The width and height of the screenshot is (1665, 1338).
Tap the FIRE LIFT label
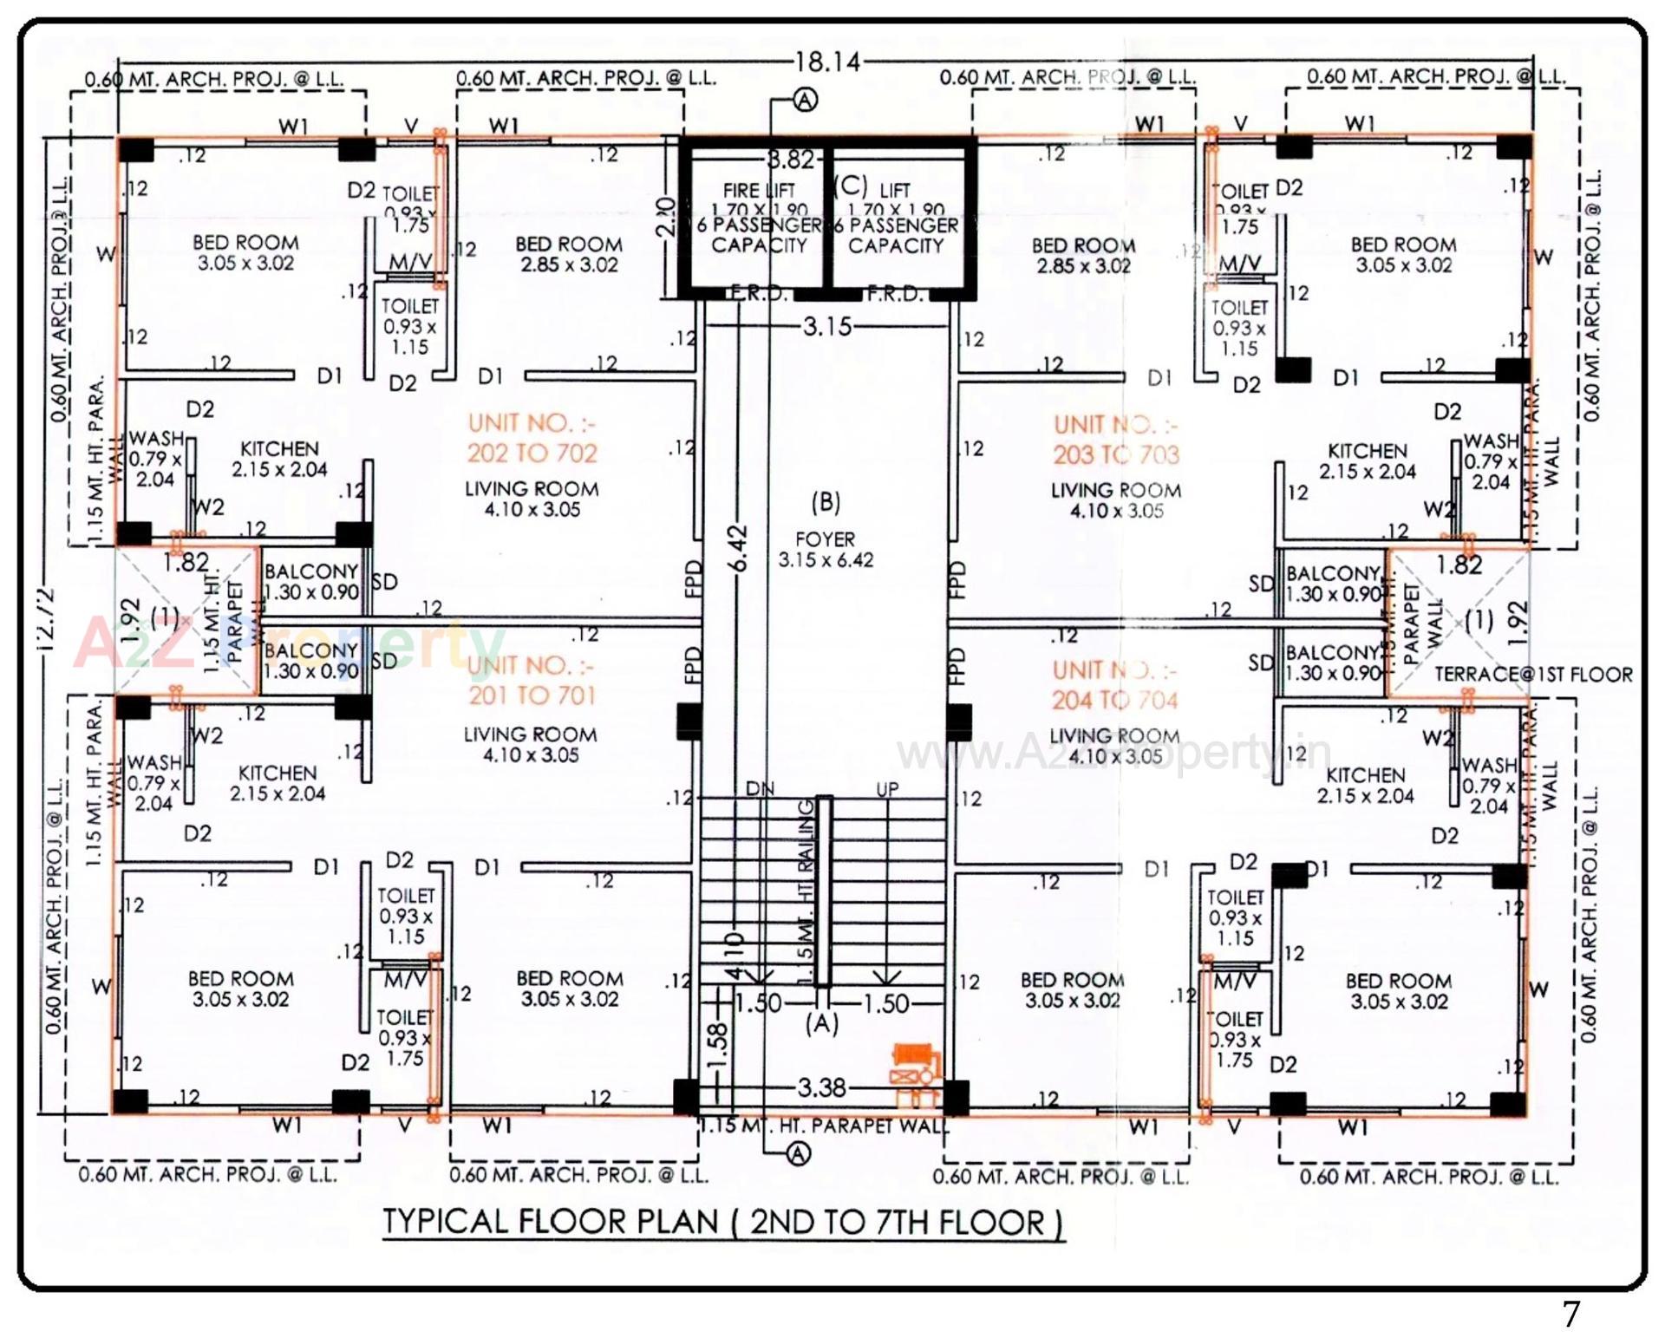pos(759,190)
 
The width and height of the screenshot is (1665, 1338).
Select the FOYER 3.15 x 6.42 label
pos(826,550)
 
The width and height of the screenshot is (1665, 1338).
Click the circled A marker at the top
pos(806,101)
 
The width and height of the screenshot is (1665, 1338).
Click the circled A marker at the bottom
pos(798,1154)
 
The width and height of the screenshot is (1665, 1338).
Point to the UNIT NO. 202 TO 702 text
pos(532,439)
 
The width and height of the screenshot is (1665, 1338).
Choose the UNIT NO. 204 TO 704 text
pos(1115,685)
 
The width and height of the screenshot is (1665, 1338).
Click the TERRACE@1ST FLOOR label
pos(1533,675)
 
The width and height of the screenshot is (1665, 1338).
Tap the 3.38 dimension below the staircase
pos(821,1087)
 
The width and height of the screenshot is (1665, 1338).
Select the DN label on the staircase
pos(760,789)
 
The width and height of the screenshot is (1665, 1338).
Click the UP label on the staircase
pos(887,790)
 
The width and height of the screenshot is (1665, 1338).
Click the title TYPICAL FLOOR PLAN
pos(722,1222)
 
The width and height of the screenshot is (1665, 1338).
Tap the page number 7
pos(1571,1315)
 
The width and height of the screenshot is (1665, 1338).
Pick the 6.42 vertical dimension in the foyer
pos(738,549)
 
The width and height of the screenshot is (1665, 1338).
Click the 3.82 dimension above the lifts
pos(790,160)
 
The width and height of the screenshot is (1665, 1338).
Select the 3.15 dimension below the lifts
pos(827,327)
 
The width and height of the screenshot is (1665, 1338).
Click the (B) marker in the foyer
pos(826,502)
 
